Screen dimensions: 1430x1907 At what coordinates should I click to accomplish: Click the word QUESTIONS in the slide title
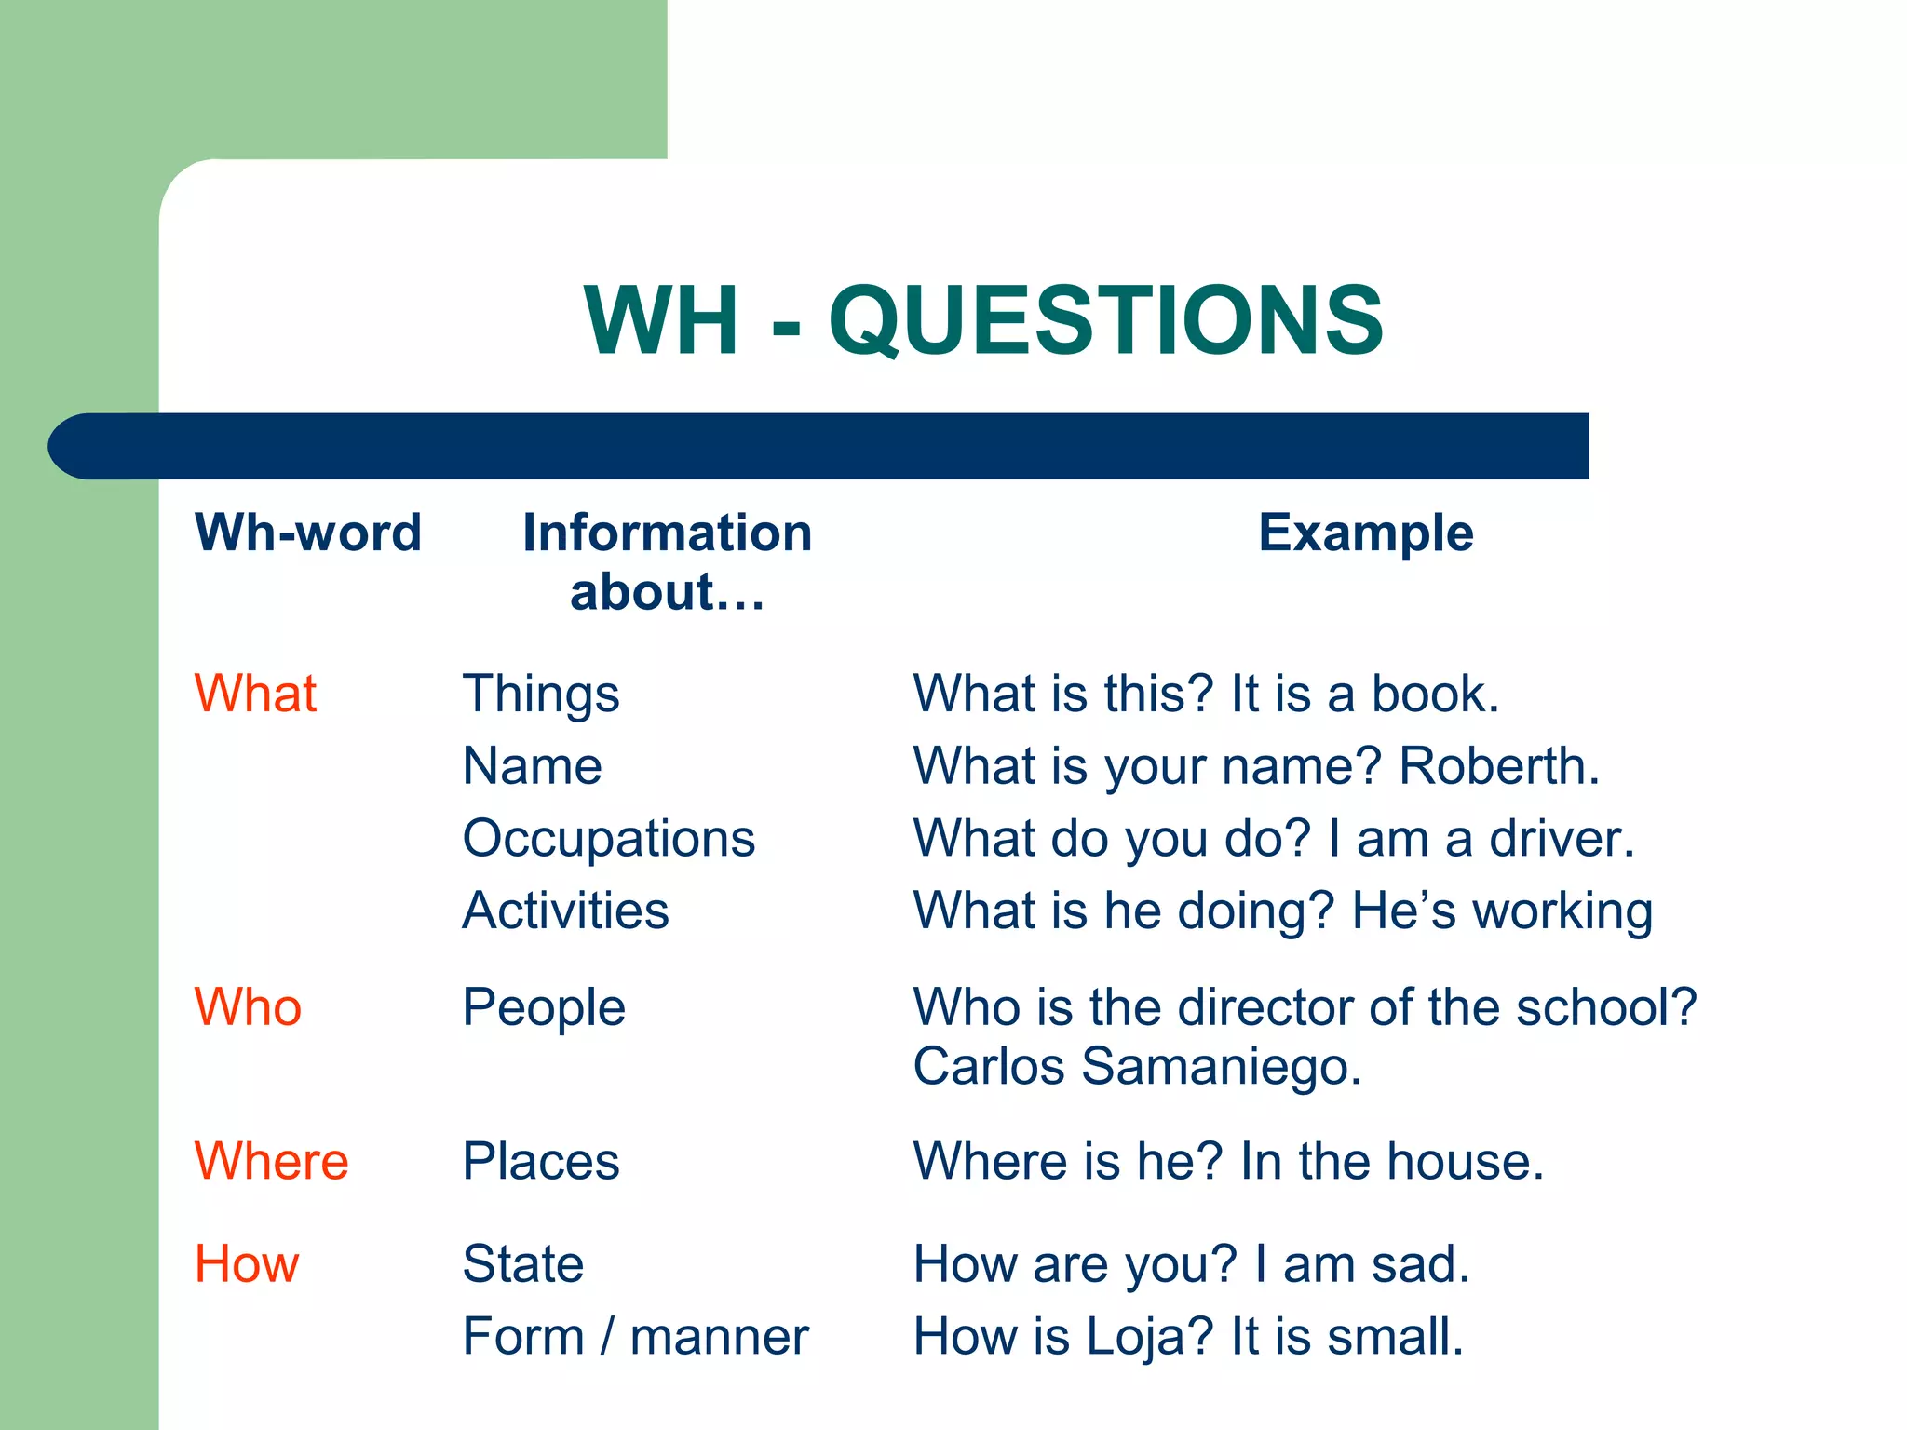pos(1105,321)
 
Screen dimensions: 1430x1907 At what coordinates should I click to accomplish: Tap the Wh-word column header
pos(308,533)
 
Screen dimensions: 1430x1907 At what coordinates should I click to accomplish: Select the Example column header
pos(1365,533)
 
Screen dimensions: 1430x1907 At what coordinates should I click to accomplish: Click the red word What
pos(255,695)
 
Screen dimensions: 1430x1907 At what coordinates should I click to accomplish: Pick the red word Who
pos(248,1007)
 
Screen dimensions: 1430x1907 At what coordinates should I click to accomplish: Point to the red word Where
pos(271,1162)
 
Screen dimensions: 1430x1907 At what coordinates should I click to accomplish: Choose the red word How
pos(247,1264)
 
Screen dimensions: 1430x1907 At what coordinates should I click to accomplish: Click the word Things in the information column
pos(541,695)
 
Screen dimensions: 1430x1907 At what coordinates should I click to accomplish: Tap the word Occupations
pos(609,839)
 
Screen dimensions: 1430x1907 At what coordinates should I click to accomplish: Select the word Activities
pos(566,911)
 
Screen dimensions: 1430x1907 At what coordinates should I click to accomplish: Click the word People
pos(544,1009)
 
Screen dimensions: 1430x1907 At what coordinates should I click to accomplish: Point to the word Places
pos(541,1162)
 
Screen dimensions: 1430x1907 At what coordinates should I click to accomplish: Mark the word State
pos(523,1264)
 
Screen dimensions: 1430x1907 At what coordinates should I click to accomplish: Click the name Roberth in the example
pos(1498,766)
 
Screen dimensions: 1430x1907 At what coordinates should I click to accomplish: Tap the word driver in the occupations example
pos(1561,839)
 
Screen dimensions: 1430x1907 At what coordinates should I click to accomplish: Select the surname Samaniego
pos(1221,1067)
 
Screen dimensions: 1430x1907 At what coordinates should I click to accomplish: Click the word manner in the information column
pos(719,1338)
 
